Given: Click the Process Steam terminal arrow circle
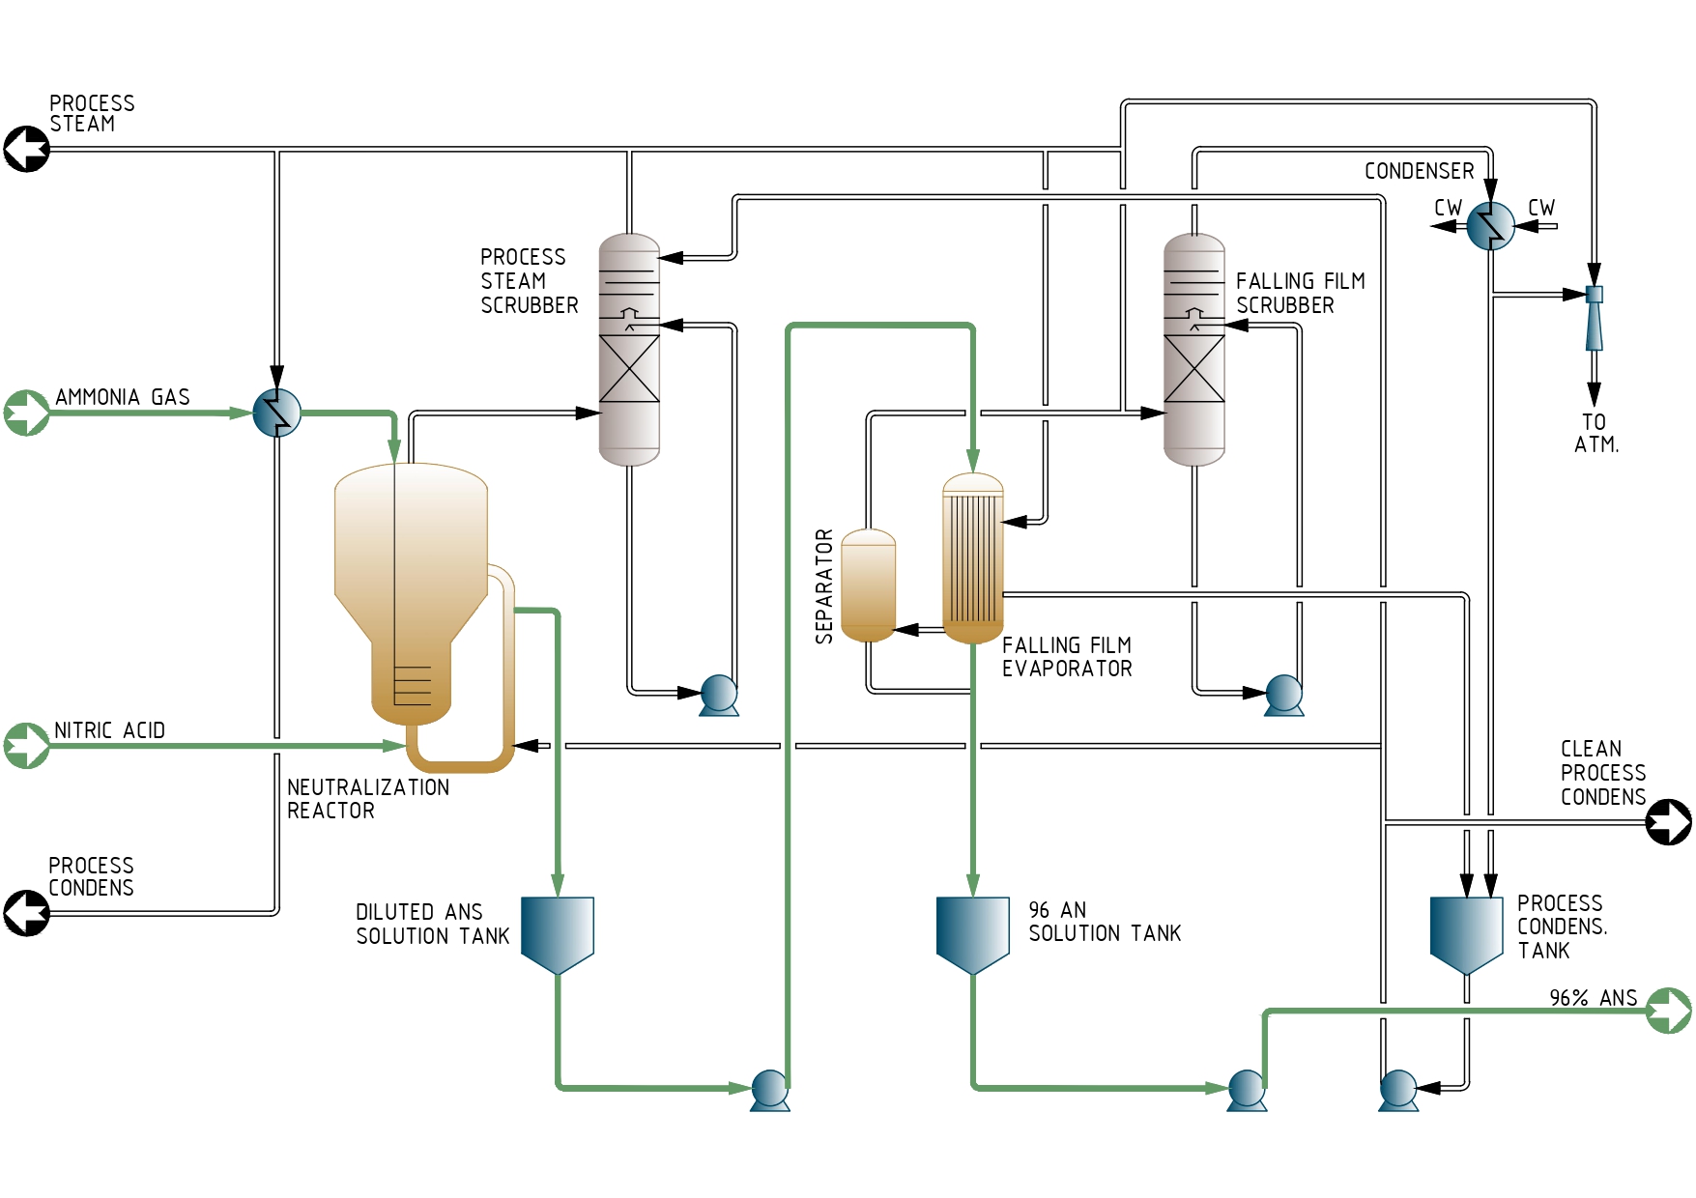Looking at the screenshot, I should (x=27, y=150).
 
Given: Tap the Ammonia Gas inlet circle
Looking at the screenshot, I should (x=27, y=414).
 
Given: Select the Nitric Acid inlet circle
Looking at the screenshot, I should (x=27, y=746).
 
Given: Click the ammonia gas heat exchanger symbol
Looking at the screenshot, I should (x=277, y=414).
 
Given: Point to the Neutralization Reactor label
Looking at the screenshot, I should (x=368, y=799).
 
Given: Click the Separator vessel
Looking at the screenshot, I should (x=869, y=585).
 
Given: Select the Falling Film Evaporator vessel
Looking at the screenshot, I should (x=973, y=558).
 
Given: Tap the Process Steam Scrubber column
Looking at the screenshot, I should (x=629, y=350).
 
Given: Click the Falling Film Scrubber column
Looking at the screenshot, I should (x=1194, y=350).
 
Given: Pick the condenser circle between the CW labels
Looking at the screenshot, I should (x=1491, y=227).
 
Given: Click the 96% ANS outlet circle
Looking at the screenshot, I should (x=1669, y=1011).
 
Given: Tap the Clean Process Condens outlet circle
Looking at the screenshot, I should (x=1669, y=822).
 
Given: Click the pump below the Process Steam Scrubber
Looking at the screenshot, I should (x=719, y=695).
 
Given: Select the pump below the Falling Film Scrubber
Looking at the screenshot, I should (x=1284, y=695).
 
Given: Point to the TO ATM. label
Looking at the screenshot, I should (x=1595, y=434).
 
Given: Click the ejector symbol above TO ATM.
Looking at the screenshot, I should (x=1595, y=317).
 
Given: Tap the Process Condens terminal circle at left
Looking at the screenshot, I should (x=27, y=913).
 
